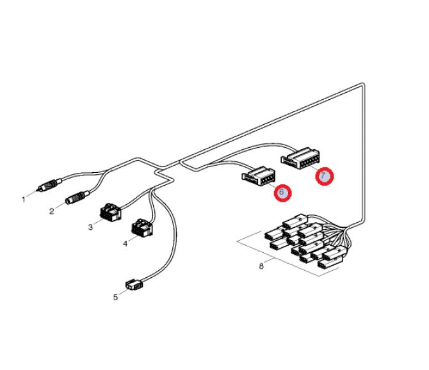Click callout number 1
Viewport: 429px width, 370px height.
[x=24, y=200]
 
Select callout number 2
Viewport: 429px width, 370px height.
[x=52, y=211]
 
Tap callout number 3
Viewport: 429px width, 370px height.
[x=90, y=227]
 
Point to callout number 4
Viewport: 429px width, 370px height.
[x=125, y=244]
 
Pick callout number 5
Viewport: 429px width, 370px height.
[x=115, y=297]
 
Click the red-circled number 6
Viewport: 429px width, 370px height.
[x=283, y=193]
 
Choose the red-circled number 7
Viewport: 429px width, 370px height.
[x=325, y=176]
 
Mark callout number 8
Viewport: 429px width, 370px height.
[x=261, y=266]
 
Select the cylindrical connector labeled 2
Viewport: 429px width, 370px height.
[x=77, y=197]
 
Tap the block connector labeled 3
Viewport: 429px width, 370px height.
[x=111, y=212]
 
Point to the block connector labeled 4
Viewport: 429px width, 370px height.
[x=142, y=227]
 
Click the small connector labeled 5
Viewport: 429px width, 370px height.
[x=134, y=284]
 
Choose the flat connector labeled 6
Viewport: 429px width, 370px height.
[x=258, y=176]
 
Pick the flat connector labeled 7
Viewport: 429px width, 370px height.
[x=300, y=158]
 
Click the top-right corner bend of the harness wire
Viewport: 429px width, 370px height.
[x=363, y=84]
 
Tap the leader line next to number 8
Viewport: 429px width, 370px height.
[x=269, y=261]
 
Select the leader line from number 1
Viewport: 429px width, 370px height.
[x=32, y=194]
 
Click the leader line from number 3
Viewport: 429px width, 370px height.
[x=98, y=221]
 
